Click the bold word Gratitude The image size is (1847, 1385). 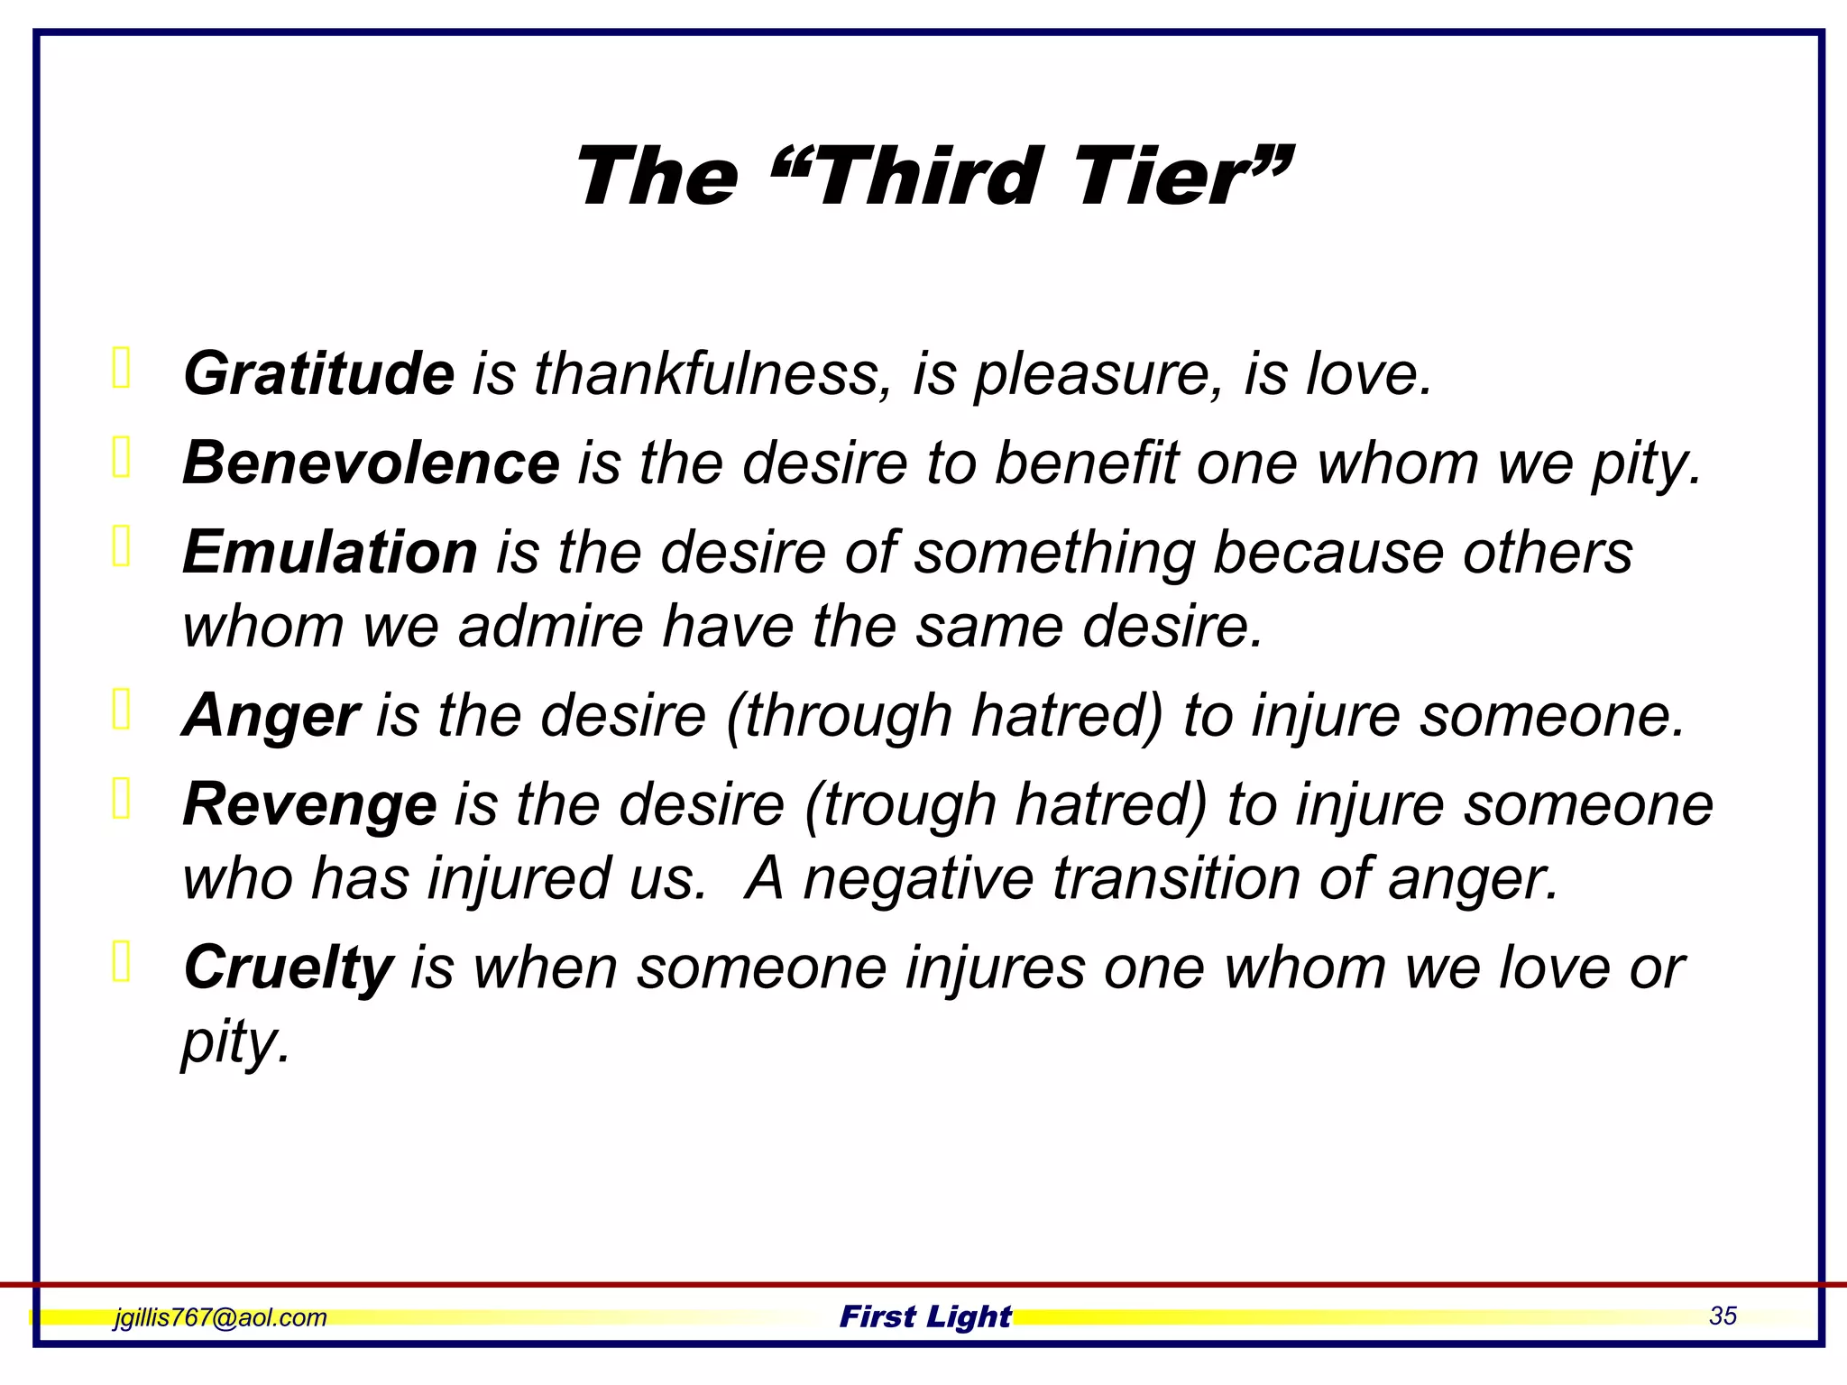pyautogui.click(x=318, y=373)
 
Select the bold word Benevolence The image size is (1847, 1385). pyautogui.click(x=371, y=463)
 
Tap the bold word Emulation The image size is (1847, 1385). pyautogui.click(x=329, y=552)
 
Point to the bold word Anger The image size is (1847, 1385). pyautogui.click(x=271, y=715)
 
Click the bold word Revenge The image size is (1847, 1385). pyautogui.click(x=309, y=804)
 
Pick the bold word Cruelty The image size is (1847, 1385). pyautogui.click(x=288, y=968)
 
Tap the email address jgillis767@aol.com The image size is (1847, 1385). pyautogui.click(x=220, y=1317)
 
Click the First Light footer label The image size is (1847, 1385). pyautogui.click(x=925, y=1316)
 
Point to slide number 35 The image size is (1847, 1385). pyautogui.click(x=1723, y=1316)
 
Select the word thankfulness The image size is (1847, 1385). pyautogui.click(x=707, y=373)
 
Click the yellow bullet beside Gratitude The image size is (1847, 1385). pyautogui.click(x=122, y=368)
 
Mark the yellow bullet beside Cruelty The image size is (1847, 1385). pyautogui.click(x=122, y=961)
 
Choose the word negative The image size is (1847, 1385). pyautogui.click(x=918, y=878)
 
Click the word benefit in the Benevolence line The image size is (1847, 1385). pyautogui.click(x=1086, y=463)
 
